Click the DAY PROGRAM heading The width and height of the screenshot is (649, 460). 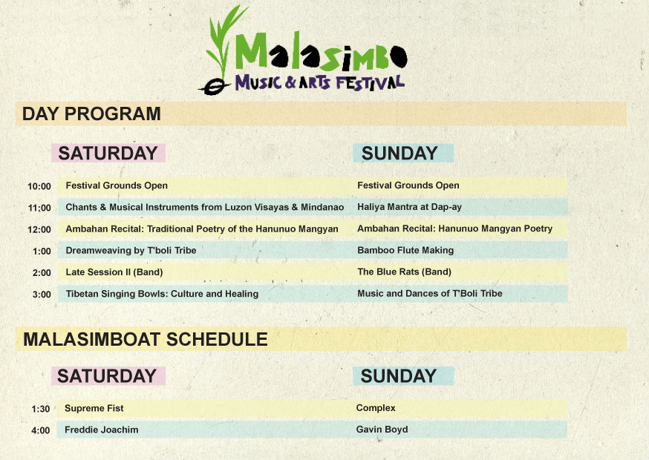(x=91, y=114)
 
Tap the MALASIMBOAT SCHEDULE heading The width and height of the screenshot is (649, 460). (x=146, y=339)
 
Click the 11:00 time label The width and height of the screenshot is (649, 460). (x=39, y=208)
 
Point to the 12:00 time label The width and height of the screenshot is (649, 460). (x=39, y=229)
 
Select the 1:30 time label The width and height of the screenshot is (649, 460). (x=41, y=409)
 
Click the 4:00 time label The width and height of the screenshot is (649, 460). (x=41, y=430)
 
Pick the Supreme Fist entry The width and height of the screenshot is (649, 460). (x=94, y=408)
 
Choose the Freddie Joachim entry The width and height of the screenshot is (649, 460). (x=102, y=430)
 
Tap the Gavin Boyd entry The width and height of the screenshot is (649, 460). (x=382, y=430)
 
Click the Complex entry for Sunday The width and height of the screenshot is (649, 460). (x=376, y=408)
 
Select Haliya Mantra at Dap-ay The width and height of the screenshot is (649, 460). (x=409, y=207)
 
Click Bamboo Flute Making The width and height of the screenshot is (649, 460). (x=405, y=250)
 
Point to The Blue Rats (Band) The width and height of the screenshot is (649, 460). (x=404, y=272)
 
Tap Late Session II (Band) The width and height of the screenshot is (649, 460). (x=114, y=272)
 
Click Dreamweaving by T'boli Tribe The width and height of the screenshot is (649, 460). (x=131, y=250)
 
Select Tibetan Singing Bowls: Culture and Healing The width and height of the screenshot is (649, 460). (x=162, y=294)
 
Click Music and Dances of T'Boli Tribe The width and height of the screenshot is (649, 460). (x=430, y=293)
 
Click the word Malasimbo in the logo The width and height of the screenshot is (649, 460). (x=321, y=52)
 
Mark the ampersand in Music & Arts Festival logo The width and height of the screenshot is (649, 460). (x=290, y=82)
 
